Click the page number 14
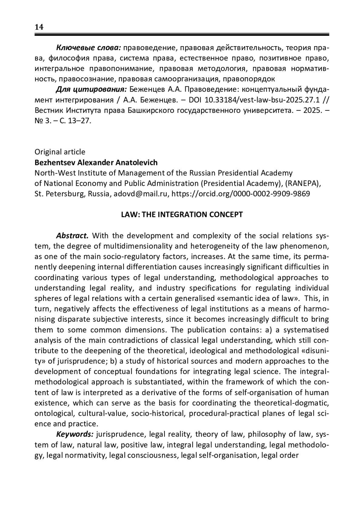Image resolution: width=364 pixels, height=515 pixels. pos(39,27)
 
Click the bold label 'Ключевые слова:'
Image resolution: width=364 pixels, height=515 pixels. pos(89,48)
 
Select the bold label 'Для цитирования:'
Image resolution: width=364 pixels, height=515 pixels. pos(91,90)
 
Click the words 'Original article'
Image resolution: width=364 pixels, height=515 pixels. pos(60,152)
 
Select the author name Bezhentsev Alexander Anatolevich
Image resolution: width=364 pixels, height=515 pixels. pos(96,163)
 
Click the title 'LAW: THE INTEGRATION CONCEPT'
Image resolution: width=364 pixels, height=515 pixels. pos(182,215)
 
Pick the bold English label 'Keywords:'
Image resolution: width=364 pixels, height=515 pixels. pos(75,434)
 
